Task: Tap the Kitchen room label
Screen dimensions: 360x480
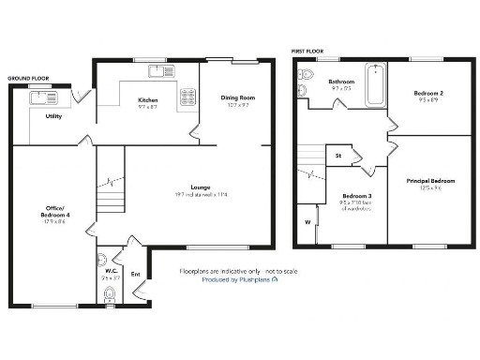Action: (x=147, y=99)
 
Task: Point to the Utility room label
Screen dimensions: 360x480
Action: (x=53, y=116)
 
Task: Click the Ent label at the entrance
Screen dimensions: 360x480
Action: (x=135, y=274)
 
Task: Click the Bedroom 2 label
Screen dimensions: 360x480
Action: (x=428, y=93)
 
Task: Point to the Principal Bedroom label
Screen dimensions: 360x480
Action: (x=430, y=180)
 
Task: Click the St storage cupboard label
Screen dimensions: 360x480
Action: (x=337, y=156)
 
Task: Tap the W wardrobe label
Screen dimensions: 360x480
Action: (x=307, y=222)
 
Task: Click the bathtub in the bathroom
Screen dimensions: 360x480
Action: (x=376, y=84)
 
